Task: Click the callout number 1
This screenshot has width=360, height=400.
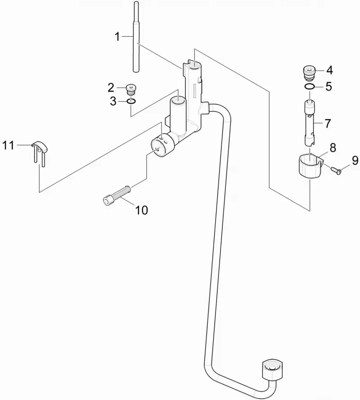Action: pyautogui.click(x=117, y=37)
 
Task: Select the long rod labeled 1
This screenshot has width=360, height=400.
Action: pyautogui.click(x=136, y=37)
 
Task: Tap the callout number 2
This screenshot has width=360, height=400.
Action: pyautogui.click(x=111, y=88)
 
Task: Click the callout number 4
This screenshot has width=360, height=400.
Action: pyautogui.click(x=329, y=70)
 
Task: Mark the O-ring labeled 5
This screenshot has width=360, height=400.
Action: pyautogui.click(x=309, y=87)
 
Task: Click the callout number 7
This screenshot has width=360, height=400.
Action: pyautogui.click(x=328, y=123)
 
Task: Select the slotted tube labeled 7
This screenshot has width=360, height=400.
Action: pyautogui.click(x=310, y=123)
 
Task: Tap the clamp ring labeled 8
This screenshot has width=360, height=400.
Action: pyautogui.click(x=309, y=166)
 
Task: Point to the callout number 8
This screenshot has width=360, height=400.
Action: pyautogui.click(x=333, y=148)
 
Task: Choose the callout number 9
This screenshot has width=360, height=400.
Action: pyautogui.click(x=355, y=160)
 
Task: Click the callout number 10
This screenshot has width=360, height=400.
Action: pyautogui.click(x=141, y=210)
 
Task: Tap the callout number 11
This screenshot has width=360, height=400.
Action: pyautogui.click(x=8, y=145)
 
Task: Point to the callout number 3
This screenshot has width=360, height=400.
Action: pyautogui.click(x=113, y=101)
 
